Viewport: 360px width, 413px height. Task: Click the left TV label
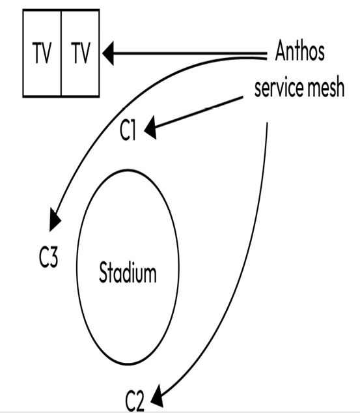(42, 53)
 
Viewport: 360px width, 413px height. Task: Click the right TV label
(81, 53)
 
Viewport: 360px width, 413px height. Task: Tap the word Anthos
(299, 50)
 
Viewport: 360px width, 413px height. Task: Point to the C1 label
(128, 130)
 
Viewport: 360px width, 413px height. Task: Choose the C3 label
(48, 257)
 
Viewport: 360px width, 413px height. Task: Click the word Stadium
(128, 272)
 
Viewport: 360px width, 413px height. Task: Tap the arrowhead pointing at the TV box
(108, 53)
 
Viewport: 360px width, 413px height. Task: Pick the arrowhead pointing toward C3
(55, 220)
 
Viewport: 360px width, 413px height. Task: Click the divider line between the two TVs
(61, 53)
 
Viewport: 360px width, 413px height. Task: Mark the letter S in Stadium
(104, 272)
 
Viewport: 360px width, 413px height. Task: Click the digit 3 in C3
(53, 257)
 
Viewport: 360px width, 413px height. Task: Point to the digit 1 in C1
(133, 130)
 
